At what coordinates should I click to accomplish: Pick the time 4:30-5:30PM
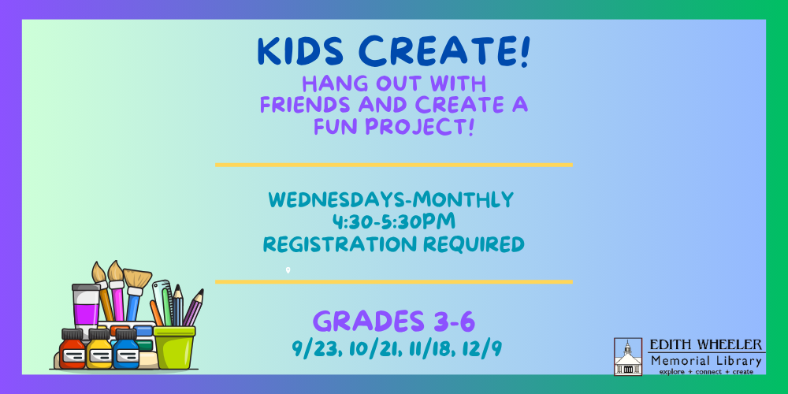click(x=393, y=221)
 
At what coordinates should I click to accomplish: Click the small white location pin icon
click(x=288, y=270)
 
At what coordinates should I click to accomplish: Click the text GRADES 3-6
click(x=394, y=322)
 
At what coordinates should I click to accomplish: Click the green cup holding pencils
click(x=174, y=348)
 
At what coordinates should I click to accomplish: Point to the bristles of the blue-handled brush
click(x=137, y=278)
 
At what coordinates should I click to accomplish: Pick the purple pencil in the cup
click(x=194, y=307)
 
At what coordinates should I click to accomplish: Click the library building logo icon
click(x=628, y=356)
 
